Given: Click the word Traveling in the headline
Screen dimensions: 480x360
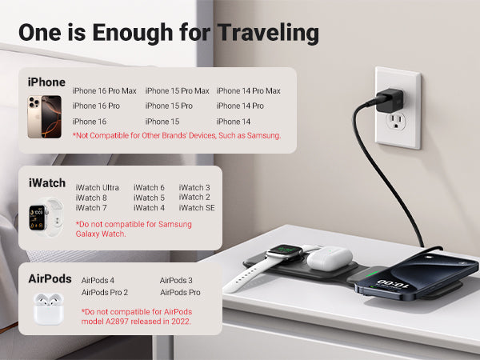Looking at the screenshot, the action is coord(268,33).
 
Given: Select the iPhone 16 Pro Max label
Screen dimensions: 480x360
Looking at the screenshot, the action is coord(104,91).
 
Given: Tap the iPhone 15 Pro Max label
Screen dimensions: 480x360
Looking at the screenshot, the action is coord(178,91).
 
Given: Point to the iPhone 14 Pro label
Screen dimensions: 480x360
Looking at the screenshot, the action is coord(240,106).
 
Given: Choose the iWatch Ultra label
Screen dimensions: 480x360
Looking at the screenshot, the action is coord(98,187).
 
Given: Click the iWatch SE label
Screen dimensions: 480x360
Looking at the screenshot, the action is coord(197,207).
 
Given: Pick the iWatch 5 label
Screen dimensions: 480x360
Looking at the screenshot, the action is coord(149,198).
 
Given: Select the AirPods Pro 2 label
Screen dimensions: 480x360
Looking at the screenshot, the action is coord(105,292).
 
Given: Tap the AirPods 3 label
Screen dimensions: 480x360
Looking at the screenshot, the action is coord(176,280).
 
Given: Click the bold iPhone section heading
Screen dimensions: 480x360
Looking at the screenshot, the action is coord(46,82).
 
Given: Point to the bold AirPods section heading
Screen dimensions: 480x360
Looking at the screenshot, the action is coord(50,279).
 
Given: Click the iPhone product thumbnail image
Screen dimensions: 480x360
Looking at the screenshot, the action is coord(44,117).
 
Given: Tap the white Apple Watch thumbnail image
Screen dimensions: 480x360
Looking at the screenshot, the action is coord(46,218).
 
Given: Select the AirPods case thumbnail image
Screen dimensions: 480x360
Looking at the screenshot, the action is coord(48,309).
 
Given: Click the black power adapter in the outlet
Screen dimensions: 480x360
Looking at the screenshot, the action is coord(389,101).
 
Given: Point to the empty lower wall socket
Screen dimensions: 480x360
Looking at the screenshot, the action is coord(396,122).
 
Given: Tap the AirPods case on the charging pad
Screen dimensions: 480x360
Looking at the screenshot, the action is coord(330,258).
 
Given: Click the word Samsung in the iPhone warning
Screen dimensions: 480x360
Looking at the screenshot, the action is coord(263,135).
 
